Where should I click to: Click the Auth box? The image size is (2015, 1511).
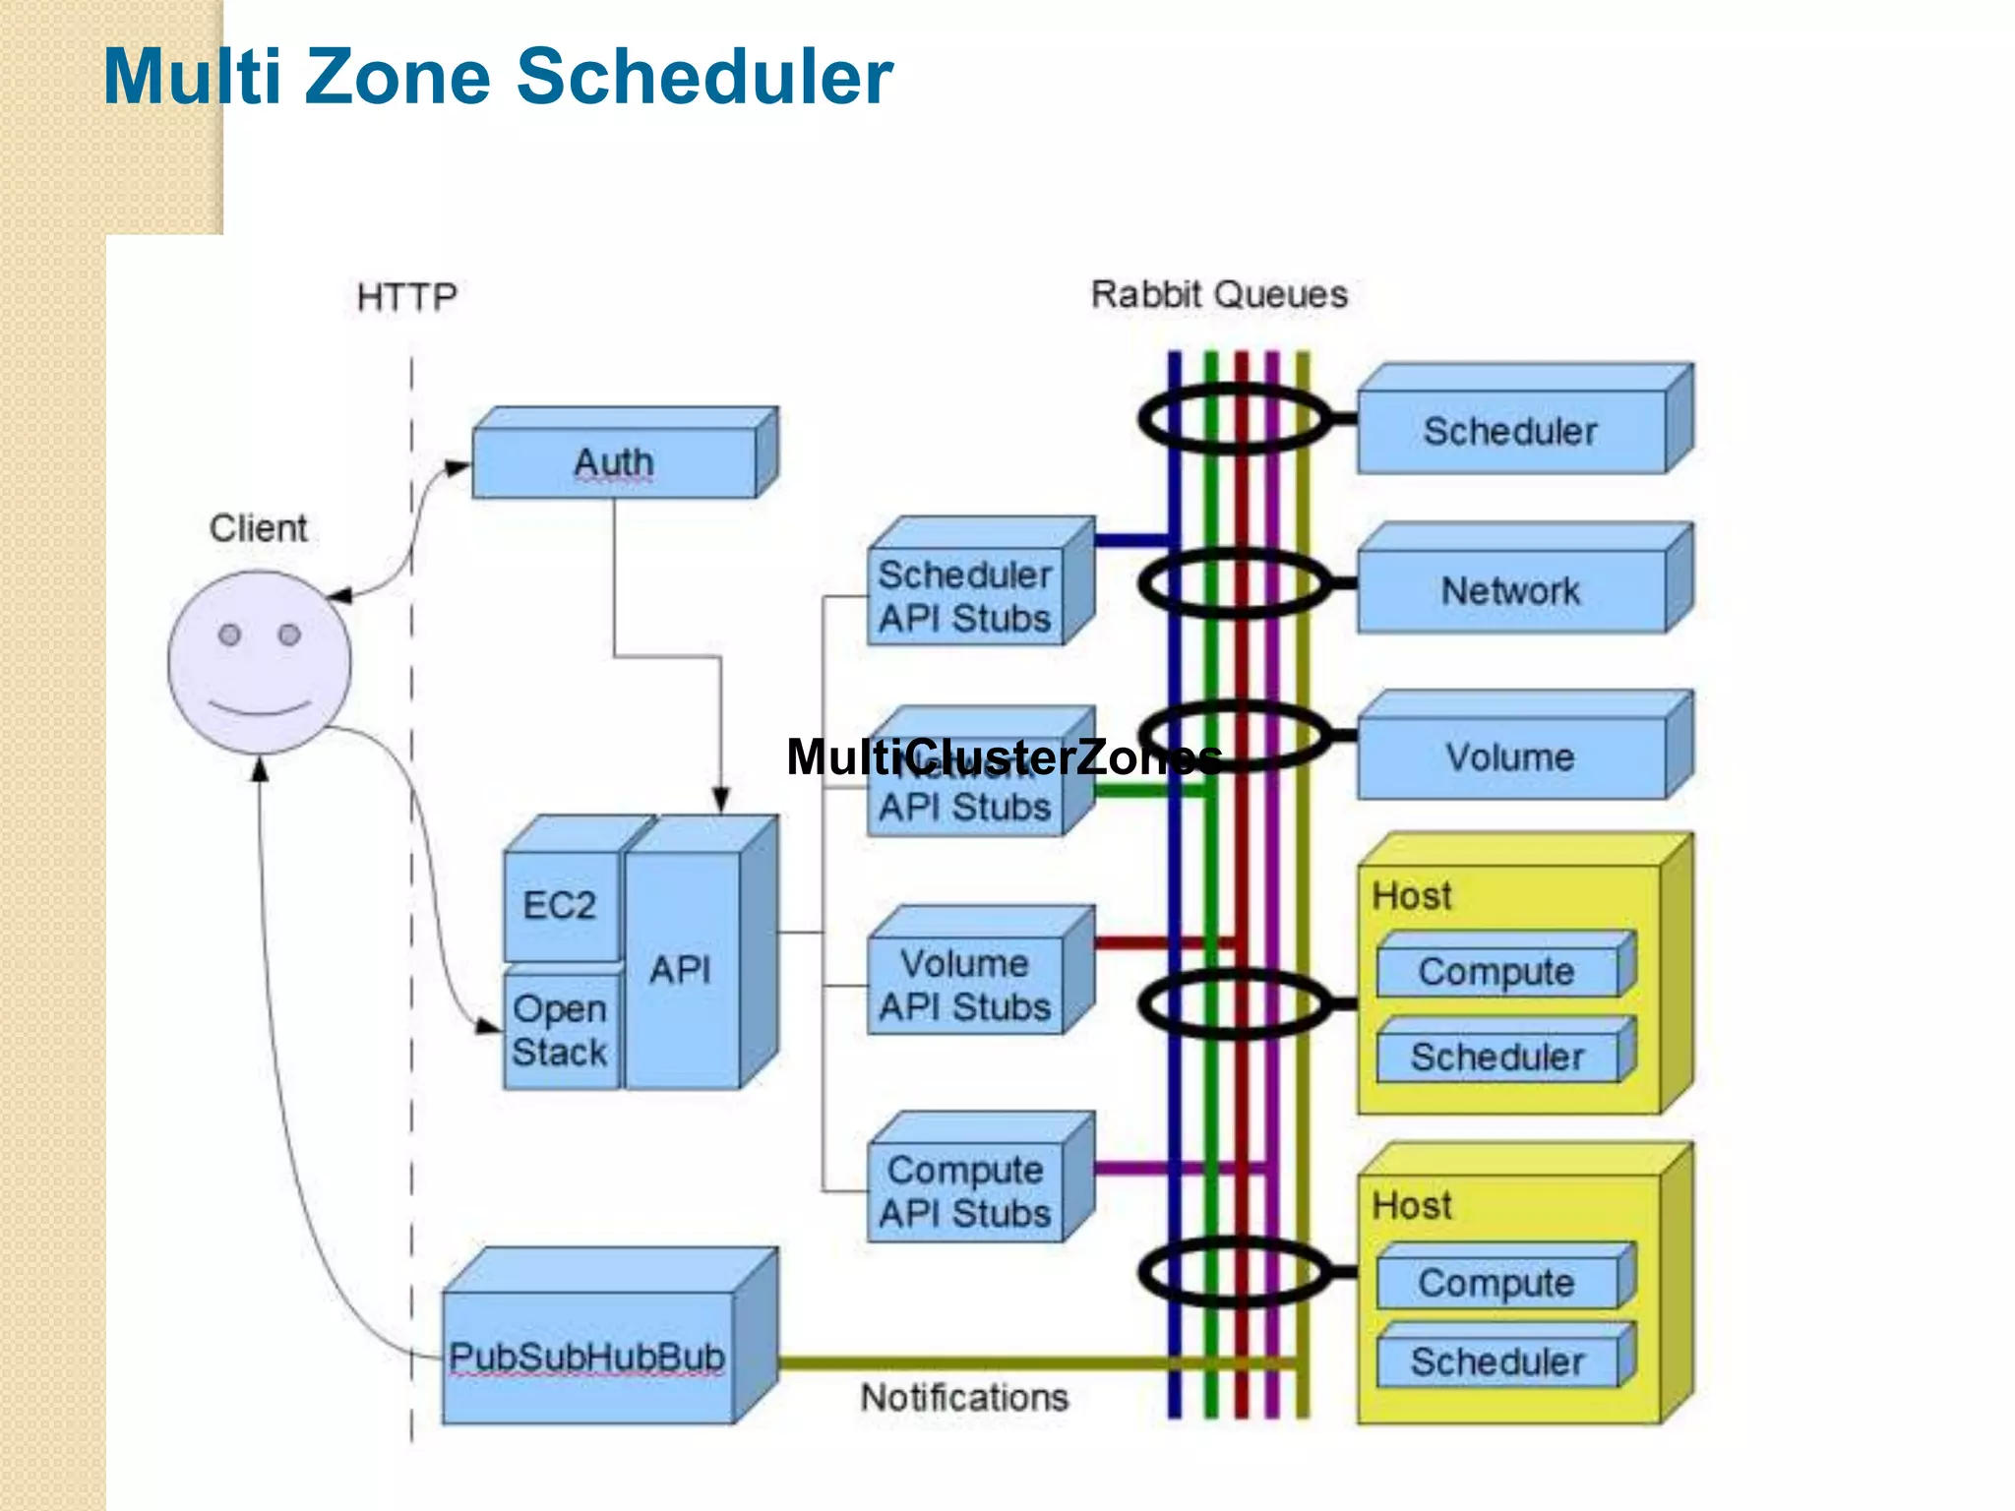point(614,462)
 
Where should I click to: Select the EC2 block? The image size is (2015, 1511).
point(560,905)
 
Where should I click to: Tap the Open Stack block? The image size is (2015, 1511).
point(560,1030)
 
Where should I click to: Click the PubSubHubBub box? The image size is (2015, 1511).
point(587,1357)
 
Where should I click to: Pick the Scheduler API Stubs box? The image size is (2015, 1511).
point(965,596)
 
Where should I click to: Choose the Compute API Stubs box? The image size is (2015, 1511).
point(965,1191)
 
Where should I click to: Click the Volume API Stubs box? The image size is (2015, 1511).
point(965,985)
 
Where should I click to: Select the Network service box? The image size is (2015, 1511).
point(1510,591)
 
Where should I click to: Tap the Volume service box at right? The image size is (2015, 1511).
point(1510,757)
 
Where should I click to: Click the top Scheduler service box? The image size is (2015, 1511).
point(1510,432)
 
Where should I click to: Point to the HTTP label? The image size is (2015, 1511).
point(406,297)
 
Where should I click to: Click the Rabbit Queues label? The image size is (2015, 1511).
point(1219,294)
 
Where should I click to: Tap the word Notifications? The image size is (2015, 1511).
point(964,1398)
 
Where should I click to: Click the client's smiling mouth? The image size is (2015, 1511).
point(260,708)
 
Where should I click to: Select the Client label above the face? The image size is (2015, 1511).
point(258,528)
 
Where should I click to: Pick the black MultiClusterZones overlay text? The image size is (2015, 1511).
point(1004,757)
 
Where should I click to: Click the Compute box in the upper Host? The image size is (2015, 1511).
point(1496,972)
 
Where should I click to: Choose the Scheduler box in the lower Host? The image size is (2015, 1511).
point(1496,1362)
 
